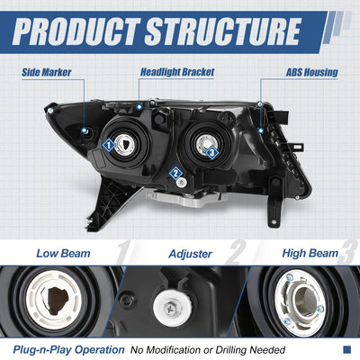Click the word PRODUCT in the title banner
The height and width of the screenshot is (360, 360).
tap(76, 31)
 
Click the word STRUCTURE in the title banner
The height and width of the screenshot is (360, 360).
tap(223, 31)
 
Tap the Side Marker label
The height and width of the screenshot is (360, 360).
tap(47, 72)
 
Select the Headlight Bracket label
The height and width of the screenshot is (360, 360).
tap(177, 72)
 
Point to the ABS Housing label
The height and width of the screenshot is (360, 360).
tap(312, 72)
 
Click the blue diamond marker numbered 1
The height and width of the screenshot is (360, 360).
tap(109, 146)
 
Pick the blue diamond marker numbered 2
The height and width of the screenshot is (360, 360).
tap(175, 174)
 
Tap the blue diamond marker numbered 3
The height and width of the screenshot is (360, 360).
tap(212, 153)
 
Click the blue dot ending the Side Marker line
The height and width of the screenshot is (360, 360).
tap(85, 130)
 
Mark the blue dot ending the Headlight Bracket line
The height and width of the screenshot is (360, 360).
tap(139, 107)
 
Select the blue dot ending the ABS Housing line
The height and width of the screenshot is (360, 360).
tap(261, 130)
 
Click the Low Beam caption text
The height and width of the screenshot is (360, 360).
tap(63, 253)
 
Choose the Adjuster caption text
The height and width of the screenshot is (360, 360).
tap(191, 254)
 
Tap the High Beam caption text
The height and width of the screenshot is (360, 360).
tap(310, 253)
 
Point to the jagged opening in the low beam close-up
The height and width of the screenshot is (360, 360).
tap(58, 301)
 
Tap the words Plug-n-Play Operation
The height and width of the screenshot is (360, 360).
tap(68, 350)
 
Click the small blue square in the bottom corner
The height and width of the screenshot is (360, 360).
tap(346, 349)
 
